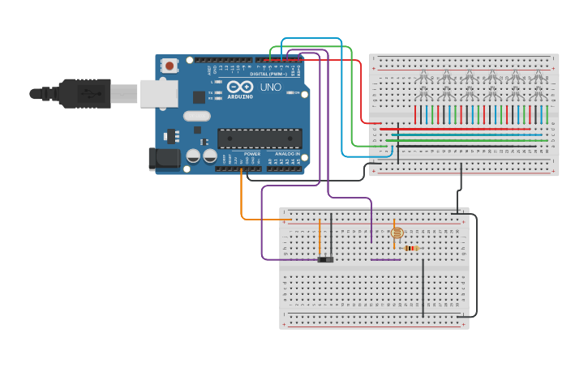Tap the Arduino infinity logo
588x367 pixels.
[240, 87]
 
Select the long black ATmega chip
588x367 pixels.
[260, 138]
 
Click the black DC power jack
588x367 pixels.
[164, 159]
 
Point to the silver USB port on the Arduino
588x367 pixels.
[158, 93]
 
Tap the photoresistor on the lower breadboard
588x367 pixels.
[397, 233]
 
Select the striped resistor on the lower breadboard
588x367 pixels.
[411, 248]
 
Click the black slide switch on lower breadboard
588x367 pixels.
[325, 259]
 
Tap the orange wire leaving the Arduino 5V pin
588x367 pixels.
[242, 198]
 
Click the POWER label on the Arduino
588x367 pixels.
[252, 153]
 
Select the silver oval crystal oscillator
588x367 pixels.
[197, 116]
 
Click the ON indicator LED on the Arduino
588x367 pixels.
[292, 92]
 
